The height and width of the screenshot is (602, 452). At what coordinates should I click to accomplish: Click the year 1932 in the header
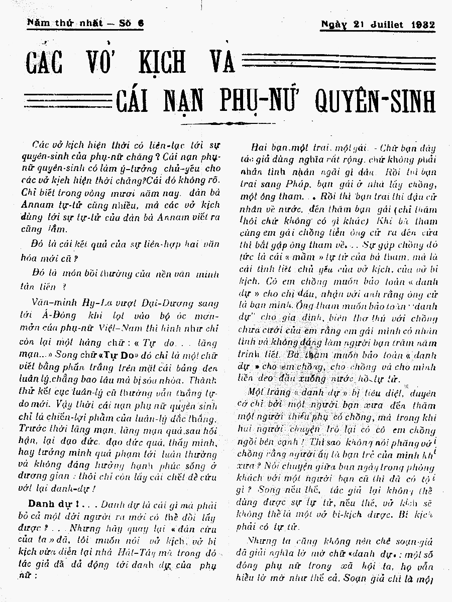[x=422, y=25]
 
